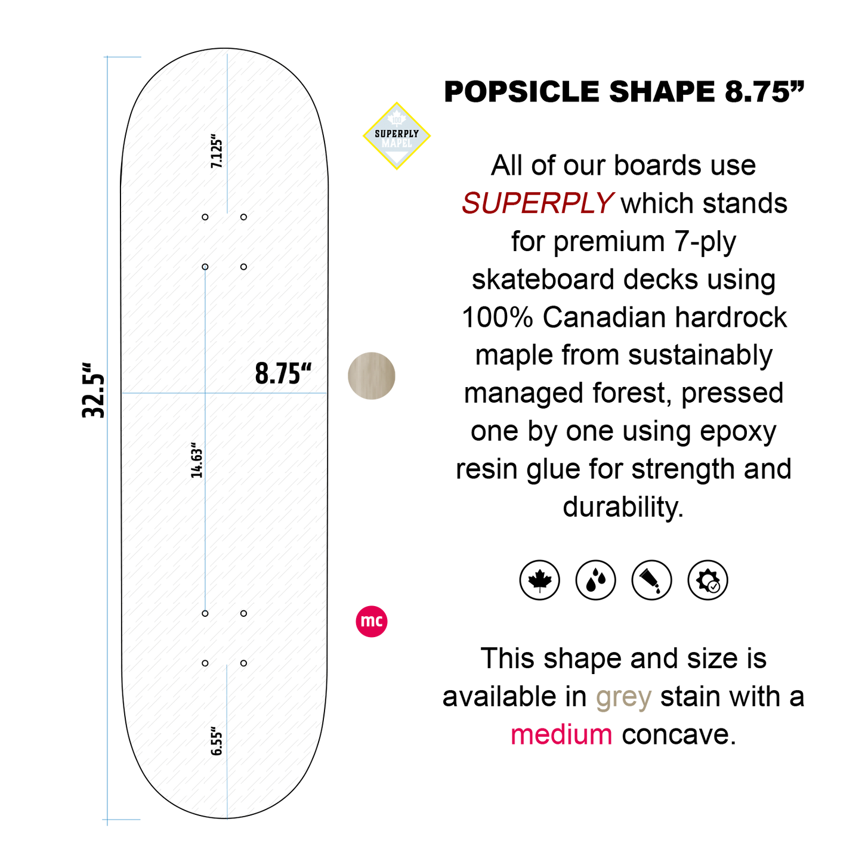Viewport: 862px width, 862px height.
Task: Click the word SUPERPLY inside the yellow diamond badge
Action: coord(397,134)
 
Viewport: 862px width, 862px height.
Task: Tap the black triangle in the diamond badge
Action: coord(397,157)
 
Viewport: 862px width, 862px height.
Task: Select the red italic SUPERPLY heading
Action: coord(537,203)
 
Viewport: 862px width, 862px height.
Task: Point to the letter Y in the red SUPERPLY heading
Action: coord(603,203)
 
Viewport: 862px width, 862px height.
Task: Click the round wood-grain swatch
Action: coord(372,376)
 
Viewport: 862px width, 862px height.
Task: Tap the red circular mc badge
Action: coord(372,622)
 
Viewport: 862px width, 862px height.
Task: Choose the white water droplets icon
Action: coord(595,579)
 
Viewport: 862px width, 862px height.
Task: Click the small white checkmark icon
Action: coord(710,583)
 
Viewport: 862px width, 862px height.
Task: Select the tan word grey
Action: coord(624,698)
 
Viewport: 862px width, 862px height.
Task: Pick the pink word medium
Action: coord(561,735)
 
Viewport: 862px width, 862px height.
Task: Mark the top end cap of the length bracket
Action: coord(122,57)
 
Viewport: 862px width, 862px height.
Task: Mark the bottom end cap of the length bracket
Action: coord(122,820)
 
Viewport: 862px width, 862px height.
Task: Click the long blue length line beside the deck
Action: coord(107,438)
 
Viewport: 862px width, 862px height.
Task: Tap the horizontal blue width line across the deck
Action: coord(268,393)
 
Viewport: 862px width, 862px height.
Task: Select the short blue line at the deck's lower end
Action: coord(227,740)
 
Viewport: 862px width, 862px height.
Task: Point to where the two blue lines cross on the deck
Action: coord(205,393)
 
